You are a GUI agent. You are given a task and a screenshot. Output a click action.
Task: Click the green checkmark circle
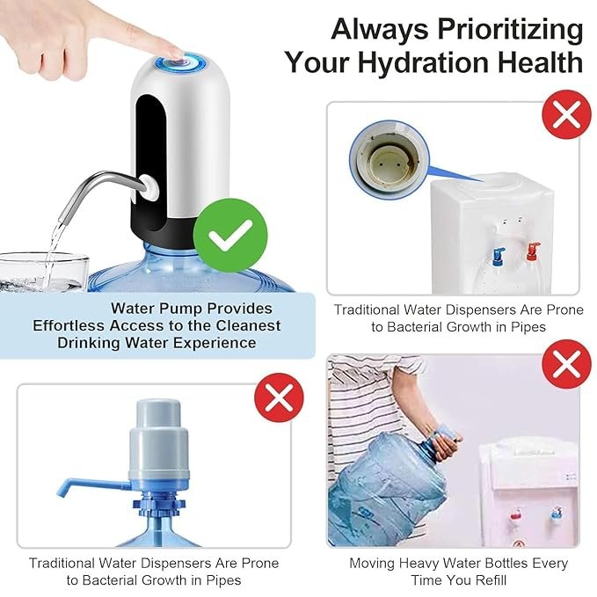coord(230,236)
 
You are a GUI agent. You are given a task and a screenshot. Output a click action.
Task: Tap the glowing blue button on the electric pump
coord(180,62)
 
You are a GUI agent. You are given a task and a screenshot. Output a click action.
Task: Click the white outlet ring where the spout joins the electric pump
coord(149,187)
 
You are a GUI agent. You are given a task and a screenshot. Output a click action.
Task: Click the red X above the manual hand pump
coord(279,397)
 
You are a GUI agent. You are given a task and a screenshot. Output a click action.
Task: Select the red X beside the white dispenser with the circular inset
coord(566,114)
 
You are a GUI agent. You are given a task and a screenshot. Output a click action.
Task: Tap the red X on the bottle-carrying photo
coord(566,364)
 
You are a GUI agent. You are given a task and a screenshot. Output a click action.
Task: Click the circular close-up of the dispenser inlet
coord(390,160)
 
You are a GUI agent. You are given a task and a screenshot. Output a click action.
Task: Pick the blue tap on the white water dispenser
coord(499,256)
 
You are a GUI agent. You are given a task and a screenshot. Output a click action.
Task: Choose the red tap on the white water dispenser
coord(533,251)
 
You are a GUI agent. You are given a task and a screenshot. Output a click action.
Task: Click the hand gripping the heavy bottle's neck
coord(446,441)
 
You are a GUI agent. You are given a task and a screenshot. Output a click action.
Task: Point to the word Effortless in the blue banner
coord(69,325)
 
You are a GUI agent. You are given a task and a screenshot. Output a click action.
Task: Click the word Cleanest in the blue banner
coord(248,325)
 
